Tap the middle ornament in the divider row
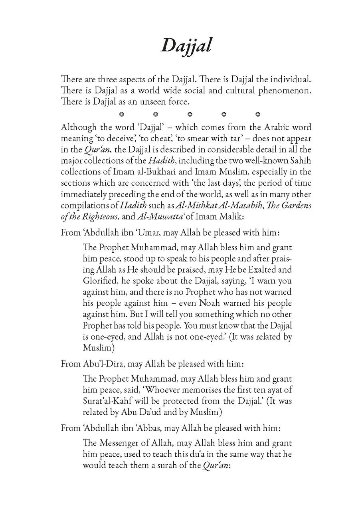tap(190, 115)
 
